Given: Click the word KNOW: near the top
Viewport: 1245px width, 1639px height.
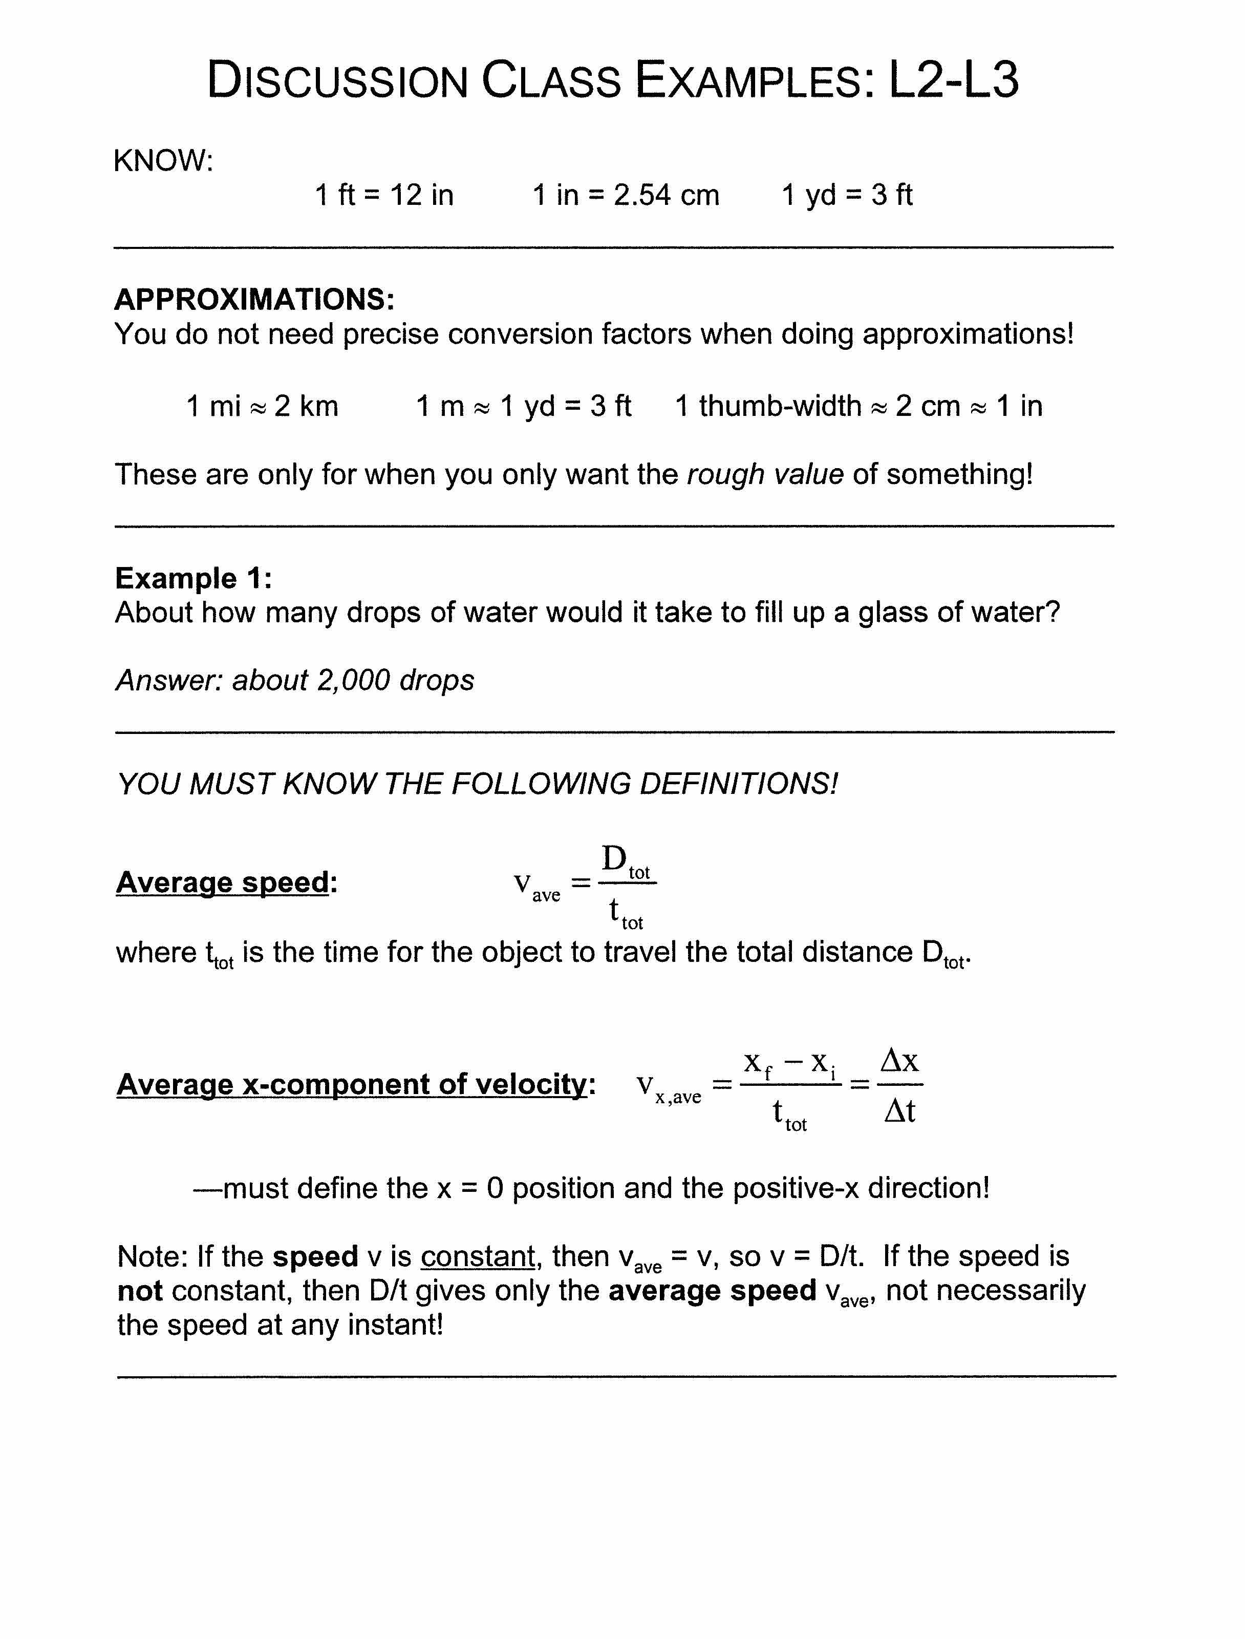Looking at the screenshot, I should [x=163, y=160].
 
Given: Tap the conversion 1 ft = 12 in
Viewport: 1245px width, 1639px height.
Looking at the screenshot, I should [x=384, y=195].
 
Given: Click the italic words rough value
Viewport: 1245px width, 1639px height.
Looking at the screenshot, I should [x=765, y=474].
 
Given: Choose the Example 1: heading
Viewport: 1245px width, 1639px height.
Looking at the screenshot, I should [x=194, y=577].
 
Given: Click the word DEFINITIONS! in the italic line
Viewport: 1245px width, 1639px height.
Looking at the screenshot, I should [x=739, y=784].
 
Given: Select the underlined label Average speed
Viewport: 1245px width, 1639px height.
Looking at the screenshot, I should [x=222, y=882].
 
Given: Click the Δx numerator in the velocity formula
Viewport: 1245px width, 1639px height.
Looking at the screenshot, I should [x=899, y=1061].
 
